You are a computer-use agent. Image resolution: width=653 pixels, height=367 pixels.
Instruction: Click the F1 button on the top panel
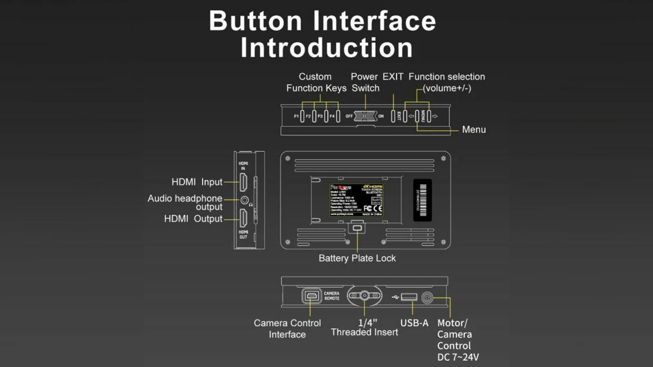[302, 116]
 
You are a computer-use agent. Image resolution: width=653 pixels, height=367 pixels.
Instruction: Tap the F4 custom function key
[338, 116]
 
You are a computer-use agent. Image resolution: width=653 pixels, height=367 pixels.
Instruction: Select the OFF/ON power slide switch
[365, 116]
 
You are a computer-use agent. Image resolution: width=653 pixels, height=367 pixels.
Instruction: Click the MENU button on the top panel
[417, 116]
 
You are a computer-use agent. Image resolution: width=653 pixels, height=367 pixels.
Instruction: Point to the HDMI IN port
[243, 182]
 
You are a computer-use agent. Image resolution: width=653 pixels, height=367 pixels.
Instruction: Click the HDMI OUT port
[243, 218]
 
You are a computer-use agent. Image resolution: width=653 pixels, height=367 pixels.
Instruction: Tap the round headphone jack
[244, 200]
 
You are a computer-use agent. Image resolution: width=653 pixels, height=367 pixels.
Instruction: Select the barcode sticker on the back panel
[423, 200]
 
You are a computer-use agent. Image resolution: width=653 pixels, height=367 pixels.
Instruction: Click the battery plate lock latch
[357, 228]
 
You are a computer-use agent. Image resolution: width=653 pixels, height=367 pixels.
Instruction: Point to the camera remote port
[311, 296]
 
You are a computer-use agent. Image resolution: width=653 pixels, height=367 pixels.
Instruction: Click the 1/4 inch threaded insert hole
[364, 296]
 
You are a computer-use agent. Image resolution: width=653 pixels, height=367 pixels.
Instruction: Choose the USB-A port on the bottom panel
[409, 297]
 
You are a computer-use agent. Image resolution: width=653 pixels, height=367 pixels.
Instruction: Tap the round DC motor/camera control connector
[427, 298]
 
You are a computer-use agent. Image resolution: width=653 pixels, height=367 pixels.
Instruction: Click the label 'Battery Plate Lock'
[357, 258]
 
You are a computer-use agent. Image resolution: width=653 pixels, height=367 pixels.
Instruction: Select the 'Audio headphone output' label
[185, 203]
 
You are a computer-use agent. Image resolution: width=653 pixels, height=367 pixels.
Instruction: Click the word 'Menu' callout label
[474, 130]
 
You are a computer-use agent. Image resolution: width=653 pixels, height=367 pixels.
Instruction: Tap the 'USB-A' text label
[414, 323]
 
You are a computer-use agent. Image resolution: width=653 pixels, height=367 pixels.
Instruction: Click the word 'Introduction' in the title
[326, 48]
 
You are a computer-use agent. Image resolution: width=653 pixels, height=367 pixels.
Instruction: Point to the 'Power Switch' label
[365, 82]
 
